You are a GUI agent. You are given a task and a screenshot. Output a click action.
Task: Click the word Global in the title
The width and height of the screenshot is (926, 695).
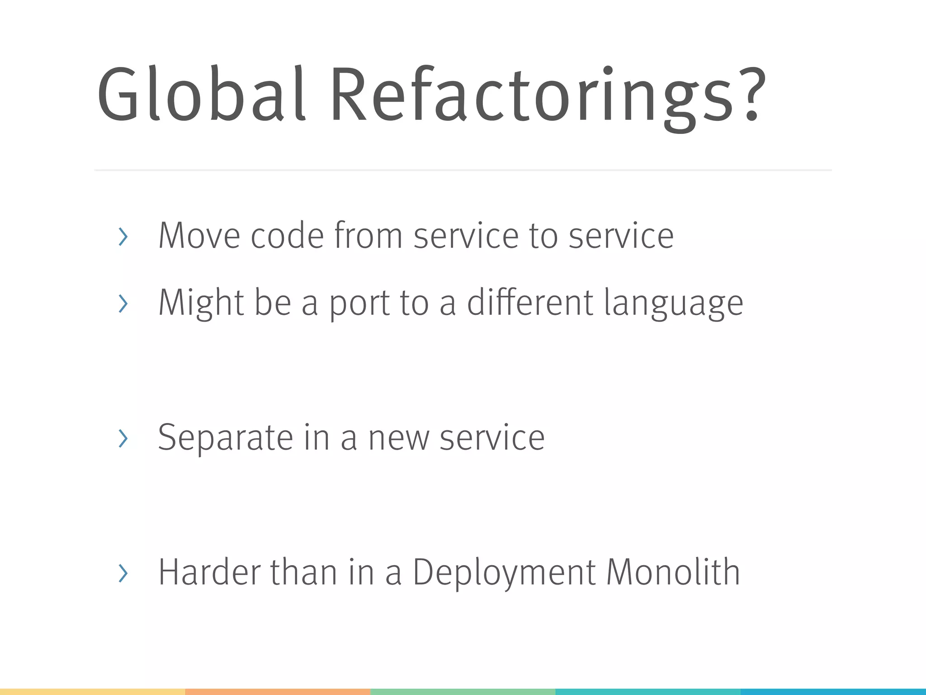(201, 94)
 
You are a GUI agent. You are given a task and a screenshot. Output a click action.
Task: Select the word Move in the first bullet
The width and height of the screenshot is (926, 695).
(199, 236)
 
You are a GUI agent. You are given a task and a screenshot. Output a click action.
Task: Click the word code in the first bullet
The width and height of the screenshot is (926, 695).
(287, 236)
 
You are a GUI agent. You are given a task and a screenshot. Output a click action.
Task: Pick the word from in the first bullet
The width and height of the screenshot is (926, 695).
(368, 236)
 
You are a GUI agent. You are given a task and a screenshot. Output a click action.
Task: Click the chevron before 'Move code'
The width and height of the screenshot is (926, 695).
(123, 237)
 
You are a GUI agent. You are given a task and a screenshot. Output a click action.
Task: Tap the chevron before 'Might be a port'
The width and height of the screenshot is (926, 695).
(123, 303)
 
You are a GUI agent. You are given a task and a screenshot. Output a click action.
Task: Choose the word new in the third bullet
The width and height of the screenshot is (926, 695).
(398, 438)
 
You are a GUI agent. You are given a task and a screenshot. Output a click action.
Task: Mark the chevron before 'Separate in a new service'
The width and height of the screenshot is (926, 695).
(123, 438)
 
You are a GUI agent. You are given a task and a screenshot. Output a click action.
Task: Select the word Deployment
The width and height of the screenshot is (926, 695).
(504, 573)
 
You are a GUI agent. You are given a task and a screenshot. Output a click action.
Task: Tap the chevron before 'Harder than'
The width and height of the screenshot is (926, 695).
(123, 573)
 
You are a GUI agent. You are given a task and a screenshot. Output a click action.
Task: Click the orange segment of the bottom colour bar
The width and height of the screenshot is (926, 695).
(278, 692)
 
